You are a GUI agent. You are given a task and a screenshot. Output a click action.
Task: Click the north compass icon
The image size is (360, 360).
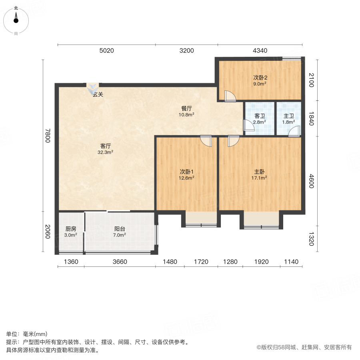point(16,19)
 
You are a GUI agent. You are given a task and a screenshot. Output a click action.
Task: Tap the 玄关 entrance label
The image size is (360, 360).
point(98,95)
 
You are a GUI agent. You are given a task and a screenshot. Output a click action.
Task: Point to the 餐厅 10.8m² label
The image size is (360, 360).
point(187,111)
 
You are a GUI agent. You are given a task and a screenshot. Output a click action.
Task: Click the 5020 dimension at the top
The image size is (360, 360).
point(106,51)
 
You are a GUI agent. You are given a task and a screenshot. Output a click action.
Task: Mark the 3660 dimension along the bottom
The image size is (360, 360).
point(120,262)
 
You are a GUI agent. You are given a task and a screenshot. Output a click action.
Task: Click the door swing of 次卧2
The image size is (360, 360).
point(230,96)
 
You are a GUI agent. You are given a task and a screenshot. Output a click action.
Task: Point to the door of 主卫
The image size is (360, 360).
point(294,131)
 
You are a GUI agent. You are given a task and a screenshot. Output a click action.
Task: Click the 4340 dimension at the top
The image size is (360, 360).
point(260,51)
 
